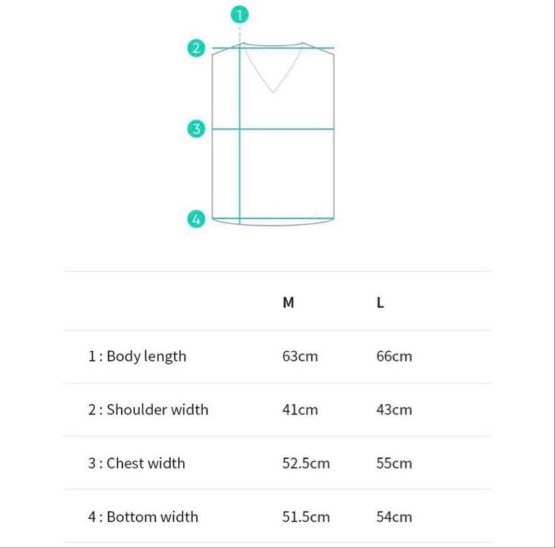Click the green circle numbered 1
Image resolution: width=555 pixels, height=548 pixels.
tap(239, 15)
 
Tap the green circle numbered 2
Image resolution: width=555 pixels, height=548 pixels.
tap(196, 49)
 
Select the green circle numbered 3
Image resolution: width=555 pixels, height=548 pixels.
tap(196, 128)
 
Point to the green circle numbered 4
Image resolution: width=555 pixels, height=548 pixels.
tap(196, 219)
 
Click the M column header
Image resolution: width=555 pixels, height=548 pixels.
tap(288, 303)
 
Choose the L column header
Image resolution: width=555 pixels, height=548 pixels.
tap(380, 303)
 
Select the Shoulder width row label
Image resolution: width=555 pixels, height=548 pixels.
tap(148, 410)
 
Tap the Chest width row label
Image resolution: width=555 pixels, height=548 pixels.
tap(136, 463)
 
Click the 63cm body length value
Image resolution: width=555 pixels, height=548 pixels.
tap(300, 356)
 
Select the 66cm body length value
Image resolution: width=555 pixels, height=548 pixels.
tap(394, 356)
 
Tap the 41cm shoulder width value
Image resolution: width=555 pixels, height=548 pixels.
tap(300, 410)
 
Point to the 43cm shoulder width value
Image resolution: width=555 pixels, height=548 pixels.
tap(394, 410)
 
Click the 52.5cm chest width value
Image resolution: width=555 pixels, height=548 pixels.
tap(306, 463)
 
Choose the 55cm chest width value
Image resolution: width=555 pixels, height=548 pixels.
tap(394, 463)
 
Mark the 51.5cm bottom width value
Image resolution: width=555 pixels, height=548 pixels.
tap(306, 517)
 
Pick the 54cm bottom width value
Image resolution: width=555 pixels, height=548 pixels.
tap(394, 517)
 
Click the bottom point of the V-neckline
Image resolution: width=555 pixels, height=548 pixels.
tap(273, 92)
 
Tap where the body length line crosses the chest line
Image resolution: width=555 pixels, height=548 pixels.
tap(240, 128)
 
